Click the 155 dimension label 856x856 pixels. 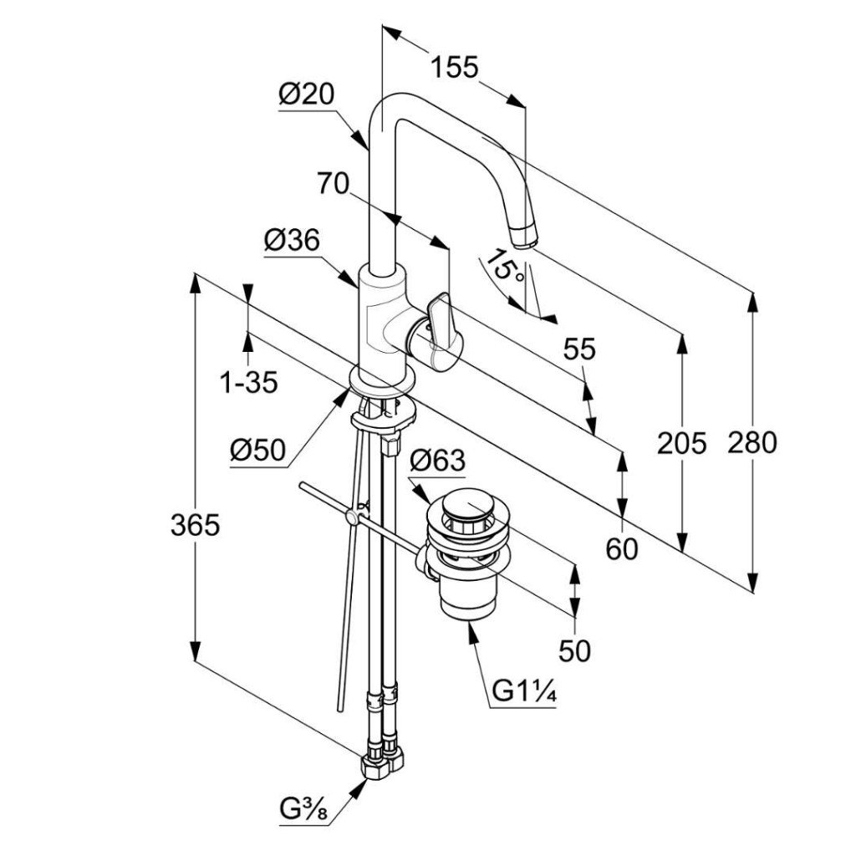[x=455, y=67]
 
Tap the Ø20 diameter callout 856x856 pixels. [x=306, y=95]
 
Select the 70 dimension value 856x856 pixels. [x=333, y=182]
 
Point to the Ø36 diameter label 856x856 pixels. [x=292, y=241]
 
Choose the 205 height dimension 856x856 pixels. [x=681, y=443]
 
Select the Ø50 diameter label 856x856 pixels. [x=257, y=451]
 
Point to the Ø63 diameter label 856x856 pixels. [x=437, y=460]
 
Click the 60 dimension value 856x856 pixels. [x=622, y=548]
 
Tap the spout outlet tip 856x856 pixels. [x=524, y=239]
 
